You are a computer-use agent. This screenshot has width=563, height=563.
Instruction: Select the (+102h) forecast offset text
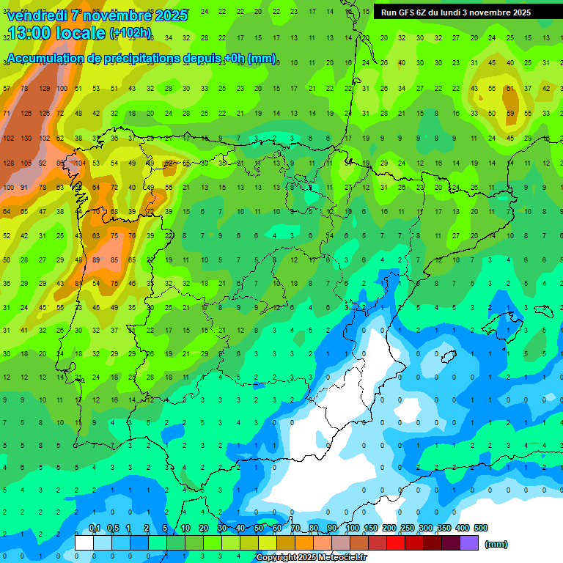pyautogui.click(x=130, y=33)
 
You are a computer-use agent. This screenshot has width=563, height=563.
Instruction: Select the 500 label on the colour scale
pyautogui.click(x=481, y=528)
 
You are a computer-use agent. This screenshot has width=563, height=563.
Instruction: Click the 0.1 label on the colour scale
pyautogui.click(x=95, y=528)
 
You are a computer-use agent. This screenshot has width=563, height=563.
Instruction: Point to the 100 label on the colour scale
pyautogui.click(x=353, y=528)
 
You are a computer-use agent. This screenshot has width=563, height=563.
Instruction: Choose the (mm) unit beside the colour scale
pyautogui.click(x=496, y=544)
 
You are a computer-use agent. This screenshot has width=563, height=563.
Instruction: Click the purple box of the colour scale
pyautogui.click(x=469, y=542)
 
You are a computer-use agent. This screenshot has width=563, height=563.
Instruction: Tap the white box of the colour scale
pyautogui.click(x=84, y=542)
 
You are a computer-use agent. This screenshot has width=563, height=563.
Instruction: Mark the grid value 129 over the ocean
pyautogui.click(x=44, y=89)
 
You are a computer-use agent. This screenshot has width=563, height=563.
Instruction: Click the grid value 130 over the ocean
pyautogui.click(x=26, y=139)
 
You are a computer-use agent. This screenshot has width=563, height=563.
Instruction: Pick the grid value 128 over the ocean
pyautogui.click(x=9, y=163)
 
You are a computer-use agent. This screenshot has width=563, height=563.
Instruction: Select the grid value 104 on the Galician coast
pyautogui.click(x=80, y=163)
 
